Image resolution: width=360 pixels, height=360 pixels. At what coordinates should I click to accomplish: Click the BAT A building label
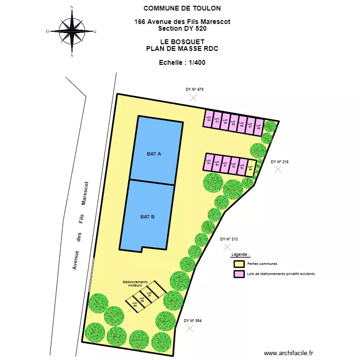pos(154,154)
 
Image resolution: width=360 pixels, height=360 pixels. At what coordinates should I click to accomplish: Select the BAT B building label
pos(147,217)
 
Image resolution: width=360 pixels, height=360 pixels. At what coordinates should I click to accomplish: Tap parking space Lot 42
pos(208,119)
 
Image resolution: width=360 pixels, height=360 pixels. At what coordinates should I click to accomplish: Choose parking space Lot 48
pos(259,126)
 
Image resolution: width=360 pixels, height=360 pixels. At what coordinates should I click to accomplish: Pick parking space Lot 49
pos(208,162)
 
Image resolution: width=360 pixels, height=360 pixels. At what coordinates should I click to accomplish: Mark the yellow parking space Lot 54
pos(250,168)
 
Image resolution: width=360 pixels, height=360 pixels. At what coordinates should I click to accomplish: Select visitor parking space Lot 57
pos(149,294)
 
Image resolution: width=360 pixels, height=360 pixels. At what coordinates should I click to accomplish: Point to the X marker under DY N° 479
pos(193,98)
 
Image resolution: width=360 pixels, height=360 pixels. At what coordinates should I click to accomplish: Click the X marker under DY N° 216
pos(278,169)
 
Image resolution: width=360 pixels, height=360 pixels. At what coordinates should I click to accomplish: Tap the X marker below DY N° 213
pos(227,247)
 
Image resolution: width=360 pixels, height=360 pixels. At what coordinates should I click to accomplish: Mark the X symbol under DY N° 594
pos(190,328)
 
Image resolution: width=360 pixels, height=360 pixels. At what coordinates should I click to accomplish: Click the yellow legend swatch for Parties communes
pos(239,264)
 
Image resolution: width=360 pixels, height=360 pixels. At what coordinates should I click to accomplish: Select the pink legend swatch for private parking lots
pos(239,274)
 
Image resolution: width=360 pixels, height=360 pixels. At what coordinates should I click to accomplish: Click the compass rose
pos(72,31)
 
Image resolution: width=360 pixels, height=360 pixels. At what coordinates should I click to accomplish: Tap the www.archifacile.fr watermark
pos(288,353)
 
